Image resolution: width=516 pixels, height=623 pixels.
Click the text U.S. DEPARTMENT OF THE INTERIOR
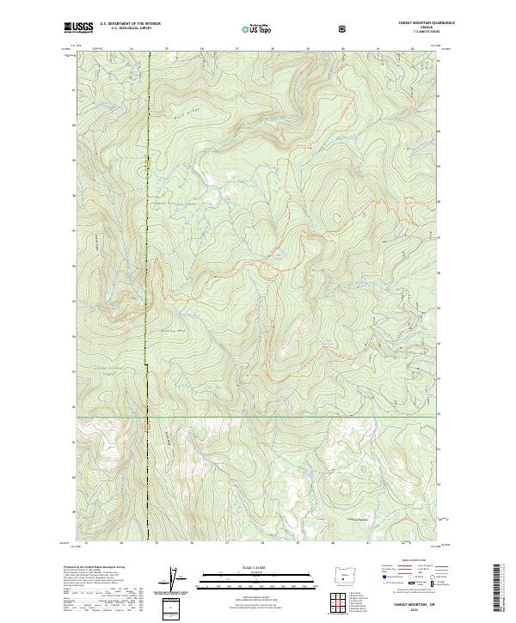[130, 23]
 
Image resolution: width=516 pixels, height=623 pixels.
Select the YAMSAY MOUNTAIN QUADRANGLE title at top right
[413, 23]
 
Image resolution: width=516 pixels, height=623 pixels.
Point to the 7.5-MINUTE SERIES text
[413, 34]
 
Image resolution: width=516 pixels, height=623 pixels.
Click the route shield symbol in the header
[344, 28]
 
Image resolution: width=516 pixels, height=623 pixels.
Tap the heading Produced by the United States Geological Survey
[86, 568]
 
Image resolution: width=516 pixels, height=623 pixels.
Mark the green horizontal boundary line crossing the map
[258, 418]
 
